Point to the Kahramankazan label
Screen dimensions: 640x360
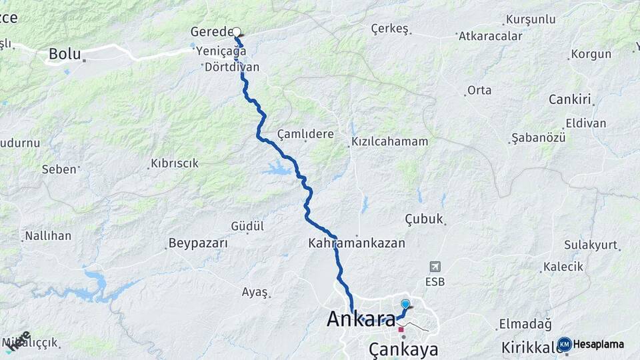click(x=357, y=243)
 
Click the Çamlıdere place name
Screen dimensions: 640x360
click(x=305, y=134)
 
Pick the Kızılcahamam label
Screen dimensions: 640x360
click(x=390, y=142)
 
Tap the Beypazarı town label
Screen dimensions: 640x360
click(x=199, y=243)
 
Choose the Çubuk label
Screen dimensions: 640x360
click(x=424, y=219)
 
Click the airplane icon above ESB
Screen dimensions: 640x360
click(x=435, y=267)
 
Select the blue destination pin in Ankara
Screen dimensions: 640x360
click(x=405, y=304)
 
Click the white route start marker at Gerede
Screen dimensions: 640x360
click(x=235, y=31)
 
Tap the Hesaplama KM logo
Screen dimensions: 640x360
click(x=591, y=344)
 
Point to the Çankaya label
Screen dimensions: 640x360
click(x=403, y=350)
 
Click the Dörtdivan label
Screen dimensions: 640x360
click(x=232, y=67)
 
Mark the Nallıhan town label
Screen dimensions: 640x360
click(x=47, y=235)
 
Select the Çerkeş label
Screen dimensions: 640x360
click(x=389, y=29)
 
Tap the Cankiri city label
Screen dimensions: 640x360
click(x=570, y=99)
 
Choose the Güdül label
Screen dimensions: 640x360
click(x=247, y=226)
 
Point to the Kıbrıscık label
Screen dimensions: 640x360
click(x=175, y=163)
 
